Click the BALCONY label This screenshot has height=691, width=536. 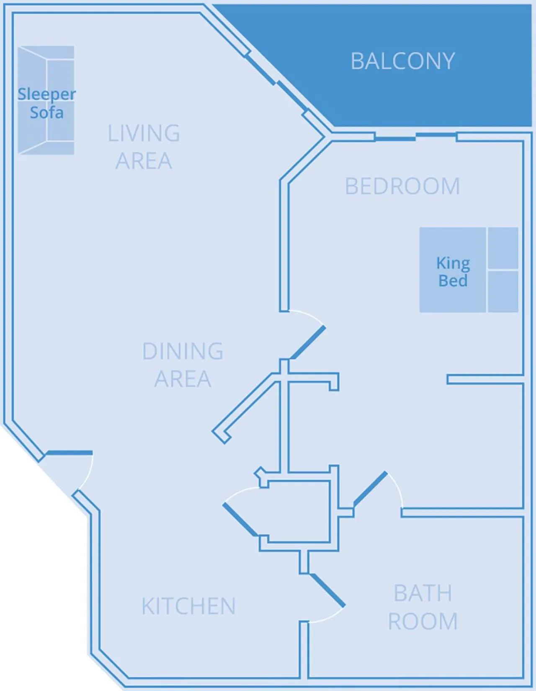tap(402, 61)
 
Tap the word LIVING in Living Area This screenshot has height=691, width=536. tap(144, 133)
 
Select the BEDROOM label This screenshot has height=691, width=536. tap(402, 186)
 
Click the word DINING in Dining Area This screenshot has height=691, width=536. tap(183, 351)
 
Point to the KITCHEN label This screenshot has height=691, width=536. tap(188, 606)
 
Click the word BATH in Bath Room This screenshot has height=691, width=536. tap(423, 593)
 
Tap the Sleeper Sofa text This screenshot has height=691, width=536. tap(46, 103)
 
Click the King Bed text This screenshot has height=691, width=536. tap(453, 272)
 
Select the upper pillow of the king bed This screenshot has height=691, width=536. tap(503, 248)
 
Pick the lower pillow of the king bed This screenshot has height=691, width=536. tap(503, 291)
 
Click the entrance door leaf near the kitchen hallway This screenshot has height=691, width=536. tap(69, 453)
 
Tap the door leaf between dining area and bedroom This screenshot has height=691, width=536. tap(308, 342)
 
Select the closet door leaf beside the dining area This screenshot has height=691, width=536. tap(240, 520)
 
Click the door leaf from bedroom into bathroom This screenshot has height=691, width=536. tap(370, 487)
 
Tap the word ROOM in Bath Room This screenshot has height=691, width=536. tap(423, 621)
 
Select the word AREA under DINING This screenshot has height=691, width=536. tap(183, 379)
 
